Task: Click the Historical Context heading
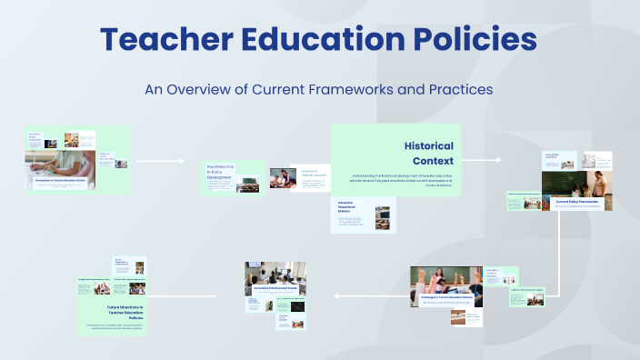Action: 428,153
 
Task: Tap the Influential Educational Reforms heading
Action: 351,207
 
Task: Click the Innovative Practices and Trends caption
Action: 274,287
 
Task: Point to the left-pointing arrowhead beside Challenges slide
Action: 337,295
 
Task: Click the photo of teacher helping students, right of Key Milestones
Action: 279,178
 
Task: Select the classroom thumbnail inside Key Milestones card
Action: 247,187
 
